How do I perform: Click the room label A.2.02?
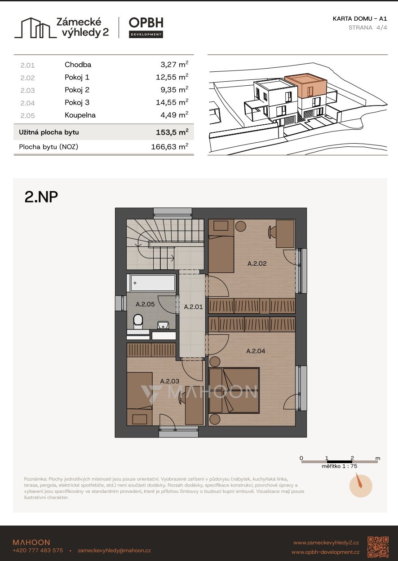point(257,263)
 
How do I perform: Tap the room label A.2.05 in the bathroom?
point(145,304)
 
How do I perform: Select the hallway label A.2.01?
point(193,307)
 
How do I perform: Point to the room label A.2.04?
point(256,351)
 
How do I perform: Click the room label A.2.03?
point(170,381)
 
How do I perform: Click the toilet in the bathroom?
point(138,321)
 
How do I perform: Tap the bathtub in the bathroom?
point(153,283)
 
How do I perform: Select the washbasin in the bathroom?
point(163,325)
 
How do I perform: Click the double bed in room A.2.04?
point(234,390)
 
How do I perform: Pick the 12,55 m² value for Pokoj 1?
point(172,77)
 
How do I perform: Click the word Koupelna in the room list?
point(80,115)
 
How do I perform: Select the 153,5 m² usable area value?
point(172,132)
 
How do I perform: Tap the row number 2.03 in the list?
point(27,90)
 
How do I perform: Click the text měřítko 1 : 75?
point(339,466)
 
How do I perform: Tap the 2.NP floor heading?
point(41,197)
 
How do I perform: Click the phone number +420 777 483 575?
point(38,550)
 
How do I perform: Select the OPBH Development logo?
point(146,27)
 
